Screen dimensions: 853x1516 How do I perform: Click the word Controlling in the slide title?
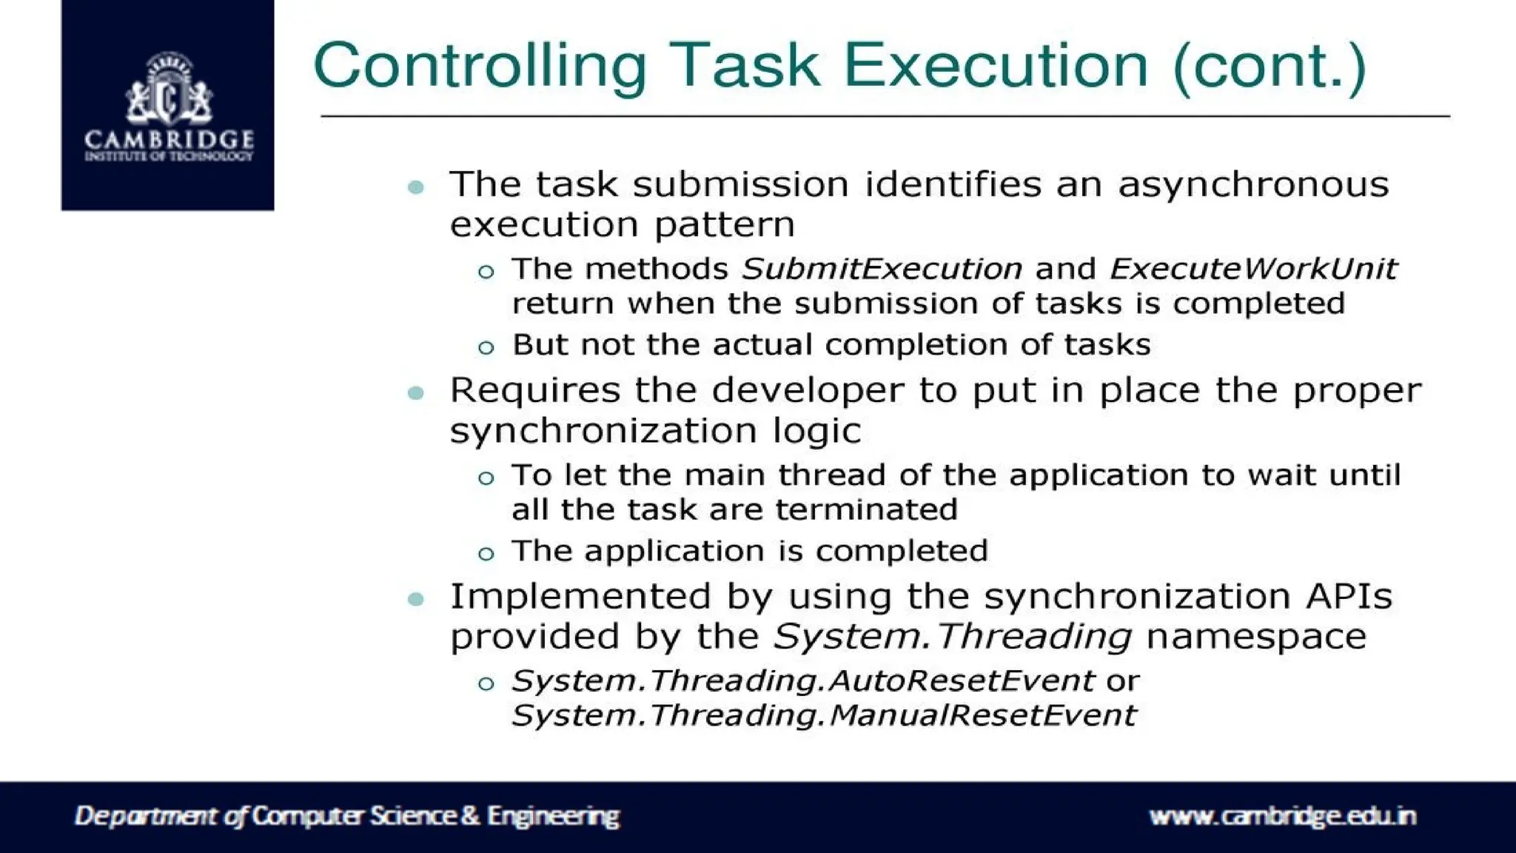(480, 67)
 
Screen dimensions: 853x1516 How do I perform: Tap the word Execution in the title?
(996, 65)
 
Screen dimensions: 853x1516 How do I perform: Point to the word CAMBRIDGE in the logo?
(169, 139)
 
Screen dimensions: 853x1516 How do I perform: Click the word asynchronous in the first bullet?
(1252, 184)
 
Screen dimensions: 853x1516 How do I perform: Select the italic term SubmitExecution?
(881, 269)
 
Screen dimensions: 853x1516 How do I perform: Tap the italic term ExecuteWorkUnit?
(1252, 269)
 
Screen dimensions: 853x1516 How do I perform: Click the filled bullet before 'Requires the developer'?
(416, 392)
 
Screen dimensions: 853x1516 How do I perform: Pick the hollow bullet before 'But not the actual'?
(486, 347)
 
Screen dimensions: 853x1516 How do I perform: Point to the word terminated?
(866, 509)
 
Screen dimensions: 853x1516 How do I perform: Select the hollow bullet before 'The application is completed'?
(486, 553)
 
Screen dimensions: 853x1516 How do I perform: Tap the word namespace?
(1255, 637)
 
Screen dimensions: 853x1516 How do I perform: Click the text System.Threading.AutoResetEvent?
(802, 680)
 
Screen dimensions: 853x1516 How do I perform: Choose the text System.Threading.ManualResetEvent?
(823, 715)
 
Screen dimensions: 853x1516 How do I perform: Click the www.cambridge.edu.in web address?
(1282, 816)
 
